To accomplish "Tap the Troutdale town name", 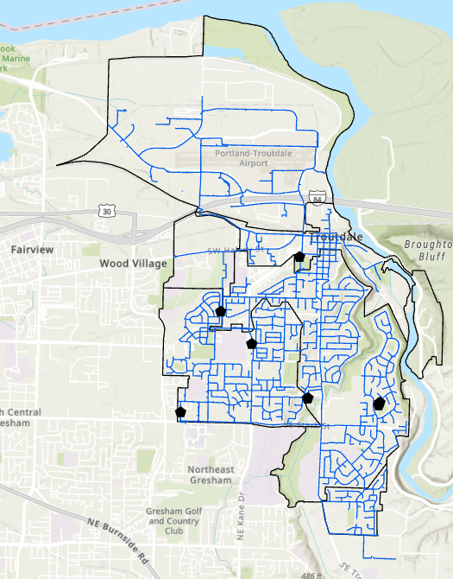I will coord(336,237).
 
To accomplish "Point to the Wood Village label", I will coord(133,263).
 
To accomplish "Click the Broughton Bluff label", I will coord(427,251).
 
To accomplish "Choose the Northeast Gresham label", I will coord(210,474).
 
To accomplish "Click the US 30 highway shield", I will coord(106,211).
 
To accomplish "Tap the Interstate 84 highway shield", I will coord(318,199).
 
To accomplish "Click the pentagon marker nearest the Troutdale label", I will coord(299,256).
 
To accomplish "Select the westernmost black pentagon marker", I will coord(180,411).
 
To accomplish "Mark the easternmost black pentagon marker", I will coord(379,403).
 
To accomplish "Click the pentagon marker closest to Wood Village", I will coord(221,311).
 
